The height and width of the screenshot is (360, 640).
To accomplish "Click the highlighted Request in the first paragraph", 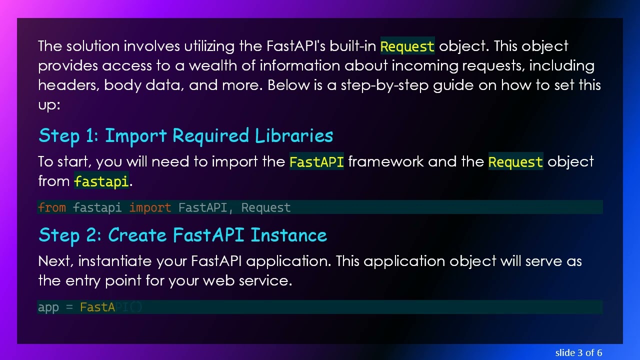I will tap(407, 46).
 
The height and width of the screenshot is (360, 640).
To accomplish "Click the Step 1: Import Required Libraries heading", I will tap(185, 136).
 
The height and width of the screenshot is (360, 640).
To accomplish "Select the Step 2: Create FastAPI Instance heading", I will tap(182, 235).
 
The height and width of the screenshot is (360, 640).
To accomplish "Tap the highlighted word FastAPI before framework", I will tap(316, 162).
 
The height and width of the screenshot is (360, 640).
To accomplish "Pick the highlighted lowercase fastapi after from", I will tap(101, 181).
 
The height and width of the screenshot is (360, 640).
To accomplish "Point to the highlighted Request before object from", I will tap(515, 162).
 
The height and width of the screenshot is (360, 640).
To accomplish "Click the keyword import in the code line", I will tap(150, 207).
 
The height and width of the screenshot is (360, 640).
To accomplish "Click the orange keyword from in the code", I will tap(51, 207).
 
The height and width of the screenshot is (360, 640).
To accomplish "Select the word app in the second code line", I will tap(48, 307).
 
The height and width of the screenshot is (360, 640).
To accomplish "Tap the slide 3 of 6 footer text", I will tap(578, 352).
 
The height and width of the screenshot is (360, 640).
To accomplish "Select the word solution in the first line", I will tap(93, 46).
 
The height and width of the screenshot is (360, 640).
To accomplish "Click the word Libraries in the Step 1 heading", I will tap(294, 136).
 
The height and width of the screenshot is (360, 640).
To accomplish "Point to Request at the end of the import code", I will tap(265, 207).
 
